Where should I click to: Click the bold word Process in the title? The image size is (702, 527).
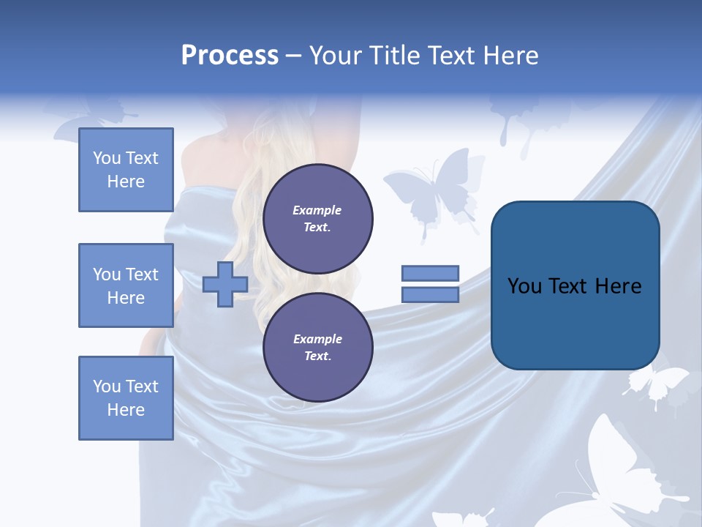coord(230,56)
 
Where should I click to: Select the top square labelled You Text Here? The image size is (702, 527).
coord(126,170)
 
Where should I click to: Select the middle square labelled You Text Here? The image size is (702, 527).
coord(126,285)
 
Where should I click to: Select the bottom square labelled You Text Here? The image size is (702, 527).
coord(126,397)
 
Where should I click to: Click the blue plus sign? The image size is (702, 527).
coord(225,284)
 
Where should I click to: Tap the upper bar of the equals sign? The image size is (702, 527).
coord(430,273)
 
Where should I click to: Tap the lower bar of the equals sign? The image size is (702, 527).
coord(430,294)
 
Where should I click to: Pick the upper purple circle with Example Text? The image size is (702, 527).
coord(317,219)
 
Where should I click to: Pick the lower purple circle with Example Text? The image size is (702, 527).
coord(317,347)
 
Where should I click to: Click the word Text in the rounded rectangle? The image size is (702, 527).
coord(575,286)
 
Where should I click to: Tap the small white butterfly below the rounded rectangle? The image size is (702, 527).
coord(658,384)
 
